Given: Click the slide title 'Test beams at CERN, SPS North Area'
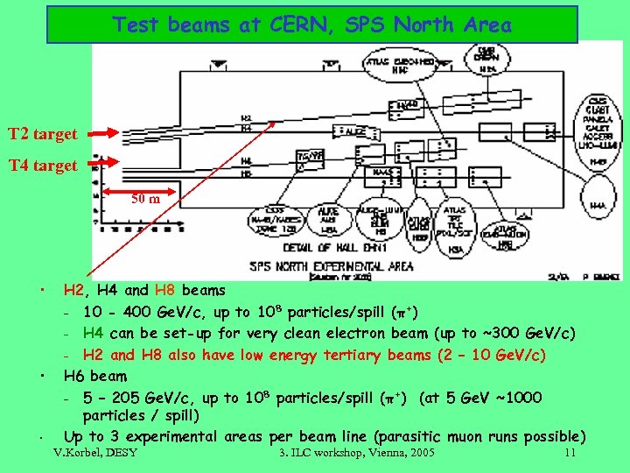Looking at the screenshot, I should [x=311, y=25].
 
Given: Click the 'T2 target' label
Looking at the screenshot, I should [x=42, y=135].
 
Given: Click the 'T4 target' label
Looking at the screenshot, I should [x=42, y=165].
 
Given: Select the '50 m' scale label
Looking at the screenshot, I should [x=145, y=200].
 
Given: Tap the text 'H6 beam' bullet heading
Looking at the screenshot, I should [x=95, y=377].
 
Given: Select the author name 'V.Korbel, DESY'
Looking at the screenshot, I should [x=95, y=454].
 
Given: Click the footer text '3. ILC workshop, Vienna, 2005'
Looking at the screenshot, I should [x=356, y=454].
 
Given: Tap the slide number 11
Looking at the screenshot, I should [x=570, y=454].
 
